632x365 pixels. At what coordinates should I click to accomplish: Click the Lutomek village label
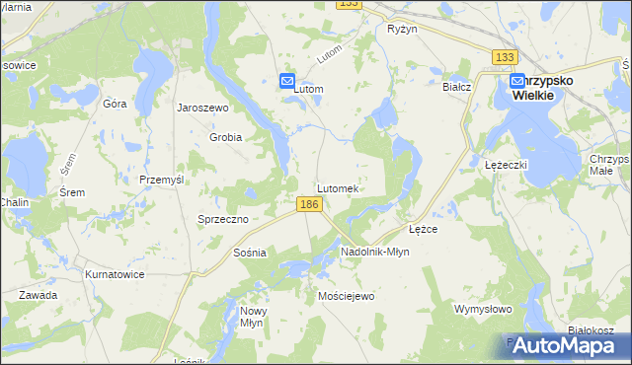coord(343,187)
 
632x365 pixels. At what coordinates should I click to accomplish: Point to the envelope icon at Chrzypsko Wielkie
coord(517,83)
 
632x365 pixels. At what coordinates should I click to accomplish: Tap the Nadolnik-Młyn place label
coord(374,252)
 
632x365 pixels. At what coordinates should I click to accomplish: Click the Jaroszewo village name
coord(202,108)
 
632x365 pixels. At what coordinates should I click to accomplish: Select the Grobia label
coord(225,137)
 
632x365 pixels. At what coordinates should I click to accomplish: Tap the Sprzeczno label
coord(222,219)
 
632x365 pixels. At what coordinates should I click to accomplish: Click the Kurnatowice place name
coord(116,273)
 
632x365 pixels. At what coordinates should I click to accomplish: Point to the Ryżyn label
coord(403,30)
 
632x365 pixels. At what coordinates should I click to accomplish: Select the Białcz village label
coord(457,87)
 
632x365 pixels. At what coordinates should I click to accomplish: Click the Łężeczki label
coord(509,164)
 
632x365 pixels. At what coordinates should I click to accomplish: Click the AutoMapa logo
coord(563,345)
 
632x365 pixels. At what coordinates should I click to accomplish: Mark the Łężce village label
coord(423,228)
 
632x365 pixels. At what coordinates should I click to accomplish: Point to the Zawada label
coord(38,295)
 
